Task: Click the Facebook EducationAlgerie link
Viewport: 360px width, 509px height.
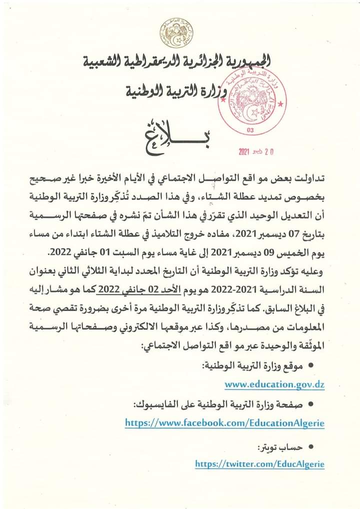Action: coord(224,423)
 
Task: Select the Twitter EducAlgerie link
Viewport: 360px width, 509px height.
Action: coord(259,463)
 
